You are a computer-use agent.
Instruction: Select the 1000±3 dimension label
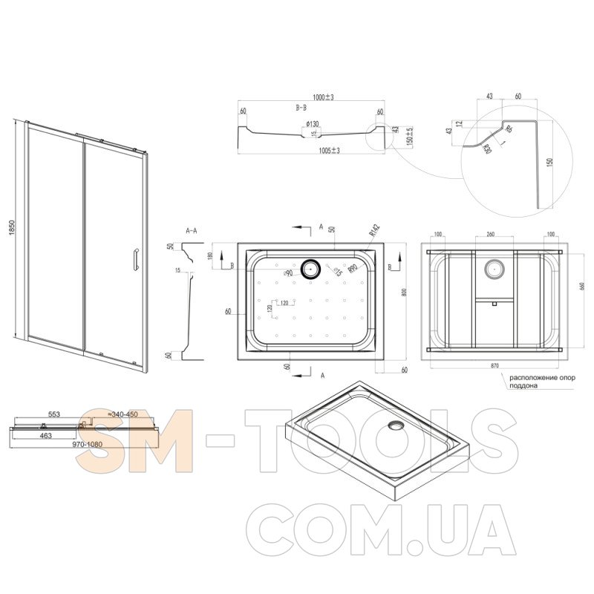[x=323, y=97]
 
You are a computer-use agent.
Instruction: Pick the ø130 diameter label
[x=312, y=123]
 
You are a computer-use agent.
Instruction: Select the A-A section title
[x=190, y=231]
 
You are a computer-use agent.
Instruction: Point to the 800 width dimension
[x=405, y=292]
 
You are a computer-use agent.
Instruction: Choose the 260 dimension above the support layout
[x=491, y=235]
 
